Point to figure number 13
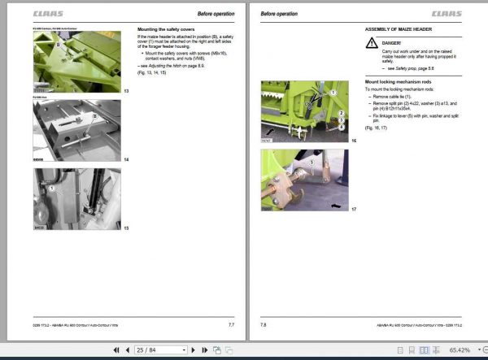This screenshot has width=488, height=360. pos(126,90)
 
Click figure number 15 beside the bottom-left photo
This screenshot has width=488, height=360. pos(126,228)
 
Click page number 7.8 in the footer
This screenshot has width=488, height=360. pos(263,324)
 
